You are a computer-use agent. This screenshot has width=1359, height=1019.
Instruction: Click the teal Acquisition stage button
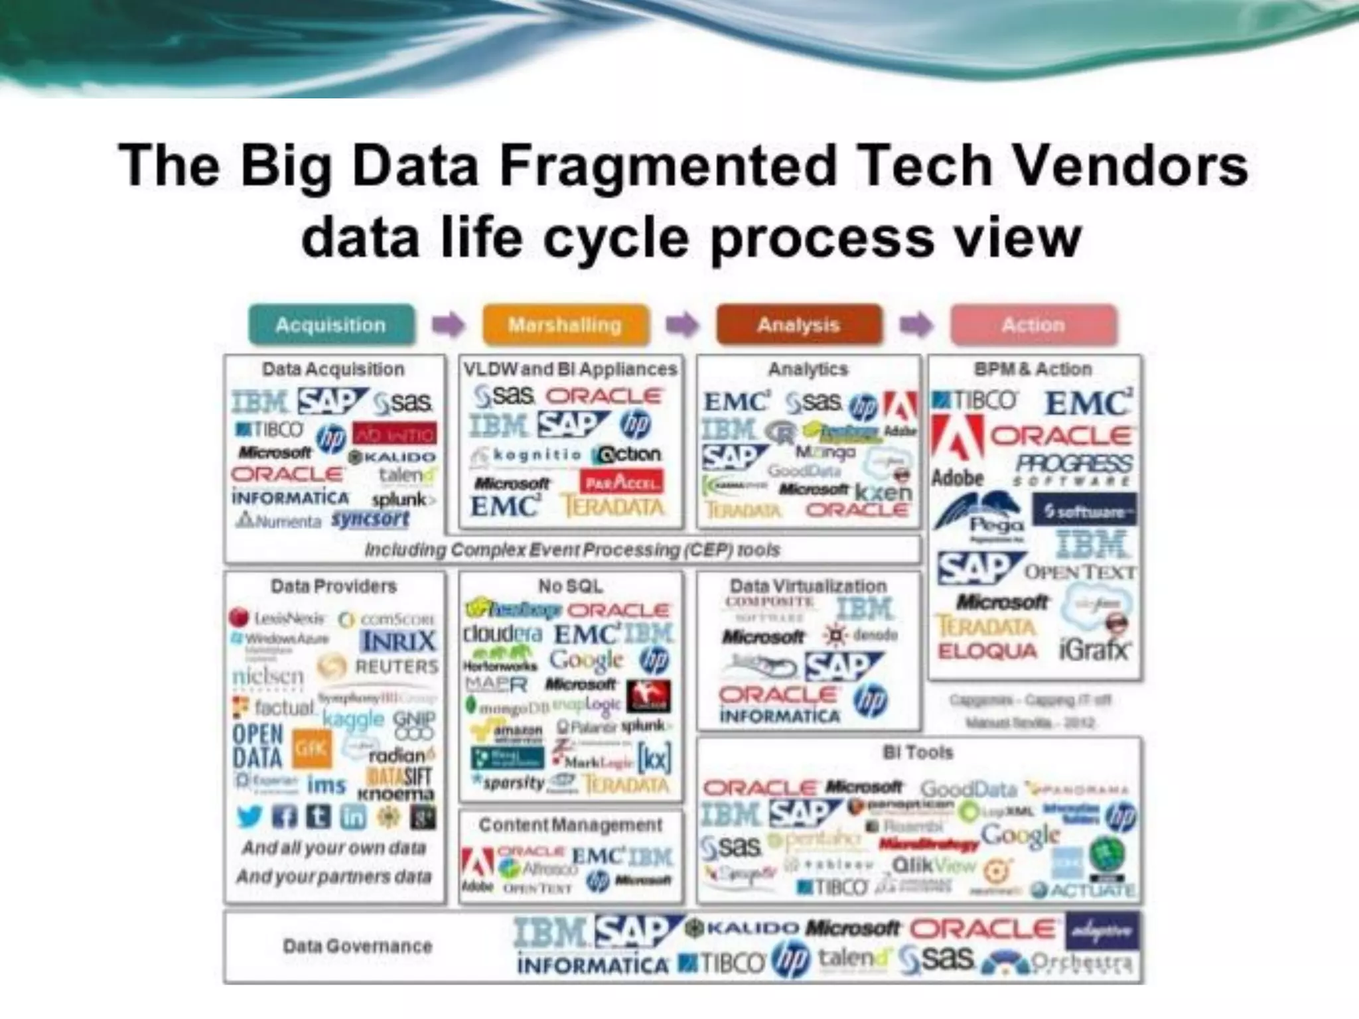331,325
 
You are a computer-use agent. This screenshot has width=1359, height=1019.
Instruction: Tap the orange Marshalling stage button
565,325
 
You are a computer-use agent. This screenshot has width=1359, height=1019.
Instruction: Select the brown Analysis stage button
799,325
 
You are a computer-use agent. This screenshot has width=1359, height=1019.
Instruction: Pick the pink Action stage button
1033,325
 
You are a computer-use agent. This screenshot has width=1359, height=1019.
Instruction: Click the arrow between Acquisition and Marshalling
448,325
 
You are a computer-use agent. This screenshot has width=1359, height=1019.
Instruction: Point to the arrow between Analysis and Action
916,325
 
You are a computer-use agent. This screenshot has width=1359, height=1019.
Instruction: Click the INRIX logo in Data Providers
399,642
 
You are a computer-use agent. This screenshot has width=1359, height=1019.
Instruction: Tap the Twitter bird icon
249,817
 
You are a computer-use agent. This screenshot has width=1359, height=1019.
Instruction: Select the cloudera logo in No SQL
503,634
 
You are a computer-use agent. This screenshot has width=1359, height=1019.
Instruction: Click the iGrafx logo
1094,649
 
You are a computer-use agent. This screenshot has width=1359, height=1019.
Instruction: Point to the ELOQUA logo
987,651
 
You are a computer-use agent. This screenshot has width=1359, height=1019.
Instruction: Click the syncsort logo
370,519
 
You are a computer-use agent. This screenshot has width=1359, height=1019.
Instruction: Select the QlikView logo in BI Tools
934,865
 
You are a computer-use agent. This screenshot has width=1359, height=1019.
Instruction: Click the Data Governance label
358,946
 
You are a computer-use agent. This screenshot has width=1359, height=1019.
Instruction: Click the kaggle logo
354,719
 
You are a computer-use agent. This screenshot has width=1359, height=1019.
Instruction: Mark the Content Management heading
571,825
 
